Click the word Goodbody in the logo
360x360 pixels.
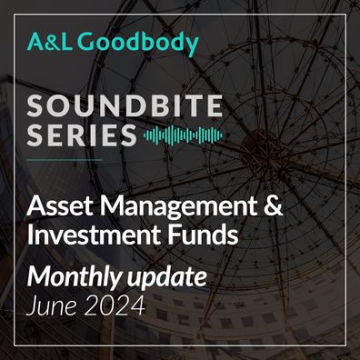138,44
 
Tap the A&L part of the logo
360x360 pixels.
50,43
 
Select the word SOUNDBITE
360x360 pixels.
125,105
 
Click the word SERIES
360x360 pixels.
82,135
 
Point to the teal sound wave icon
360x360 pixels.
183,135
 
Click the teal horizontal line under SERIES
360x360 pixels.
65,159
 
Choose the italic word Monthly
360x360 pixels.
75,278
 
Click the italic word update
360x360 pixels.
166,278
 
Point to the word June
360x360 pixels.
52,305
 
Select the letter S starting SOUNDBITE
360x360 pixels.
35,105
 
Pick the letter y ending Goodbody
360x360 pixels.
191,46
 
